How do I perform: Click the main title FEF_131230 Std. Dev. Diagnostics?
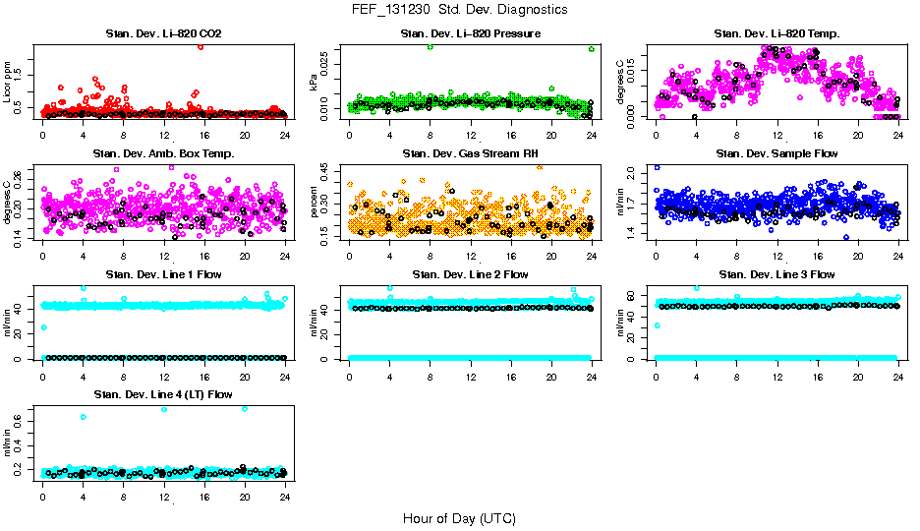(458, 10)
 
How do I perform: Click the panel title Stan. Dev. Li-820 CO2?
(163, 34)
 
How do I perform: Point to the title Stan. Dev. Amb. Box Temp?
(163, 154)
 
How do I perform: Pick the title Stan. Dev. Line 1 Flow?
(163, 274)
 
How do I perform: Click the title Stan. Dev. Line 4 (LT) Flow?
(163, 394)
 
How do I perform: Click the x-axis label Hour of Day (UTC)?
(459, 518)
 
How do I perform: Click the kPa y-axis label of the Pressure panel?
(314, 83)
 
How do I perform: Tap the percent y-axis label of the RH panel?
(314, 203)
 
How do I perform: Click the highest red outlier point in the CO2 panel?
(201, 46)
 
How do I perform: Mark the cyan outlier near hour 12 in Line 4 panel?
(163, 409)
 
